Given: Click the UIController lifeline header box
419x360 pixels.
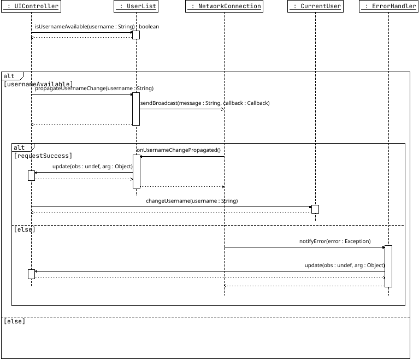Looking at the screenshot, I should pyautogui.click(x=31, y=7).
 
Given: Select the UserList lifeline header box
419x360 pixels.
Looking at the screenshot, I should pyautogui.click(x=136, y=7).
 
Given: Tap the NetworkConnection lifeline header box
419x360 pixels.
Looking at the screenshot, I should pyautogui.click(x=224, y=7).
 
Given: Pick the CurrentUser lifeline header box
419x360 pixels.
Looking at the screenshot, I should pyautogui.click(x=315, y=7).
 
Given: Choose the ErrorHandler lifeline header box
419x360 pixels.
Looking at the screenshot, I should pyautogui.click(x=388, y=7).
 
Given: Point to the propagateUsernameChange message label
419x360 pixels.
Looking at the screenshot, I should pyautogui.click(x=94, y=88).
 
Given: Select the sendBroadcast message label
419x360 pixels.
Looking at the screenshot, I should pyautogui.click(x=205, y=103).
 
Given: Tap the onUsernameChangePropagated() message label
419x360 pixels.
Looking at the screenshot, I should pyautogui.click(x=178, y=150).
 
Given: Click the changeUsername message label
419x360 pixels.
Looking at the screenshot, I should pyautogui.click(x=192, y=200).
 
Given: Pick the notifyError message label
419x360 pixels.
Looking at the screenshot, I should pyautogui.click(x=335, y=241).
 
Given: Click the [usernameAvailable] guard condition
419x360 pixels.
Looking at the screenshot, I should pyautogui.click(x=38, y=84).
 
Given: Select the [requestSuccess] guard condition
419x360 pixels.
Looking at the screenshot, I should pyautogui.click(x=43, y=156).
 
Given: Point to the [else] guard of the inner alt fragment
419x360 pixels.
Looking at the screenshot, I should pyautogui.click(x=24, y=229).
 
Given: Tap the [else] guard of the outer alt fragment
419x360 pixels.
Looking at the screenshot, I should pyautogui.click(x=14, y=321).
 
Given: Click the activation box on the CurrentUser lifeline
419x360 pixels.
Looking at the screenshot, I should pyautogui.click(x=315, y=209).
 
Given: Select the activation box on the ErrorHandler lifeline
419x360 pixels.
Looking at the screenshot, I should pyautogui.click(x=388, y=266).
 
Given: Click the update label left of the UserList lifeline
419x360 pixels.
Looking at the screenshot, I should pyautogui.click(x=92, y=166).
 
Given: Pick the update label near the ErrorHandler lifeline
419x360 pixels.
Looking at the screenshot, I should pyautogui.click(x=345, y=265).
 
